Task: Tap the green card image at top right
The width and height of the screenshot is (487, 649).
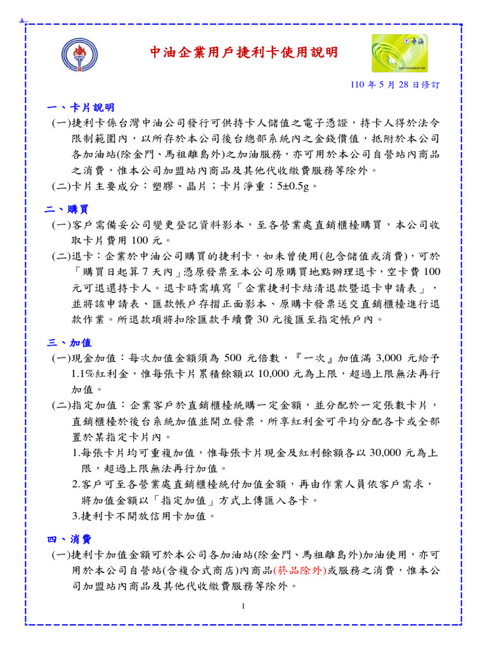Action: pos(399,53)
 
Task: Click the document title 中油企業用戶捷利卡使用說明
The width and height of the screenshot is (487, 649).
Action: pos(243,52)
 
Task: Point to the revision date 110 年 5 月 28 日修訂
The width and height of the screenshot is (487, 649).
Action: pos(395,84)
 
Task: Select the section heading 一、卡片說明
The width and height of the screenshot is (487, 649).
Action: pos(80,107)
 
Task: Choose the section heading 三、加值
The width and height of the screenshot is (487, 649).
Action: pos(69,343)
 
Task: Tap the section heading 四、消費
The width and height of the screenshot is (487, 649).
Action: pos(69,539)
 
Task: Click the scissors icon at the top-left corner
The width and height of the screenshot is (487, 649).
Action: pos(21,21)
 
